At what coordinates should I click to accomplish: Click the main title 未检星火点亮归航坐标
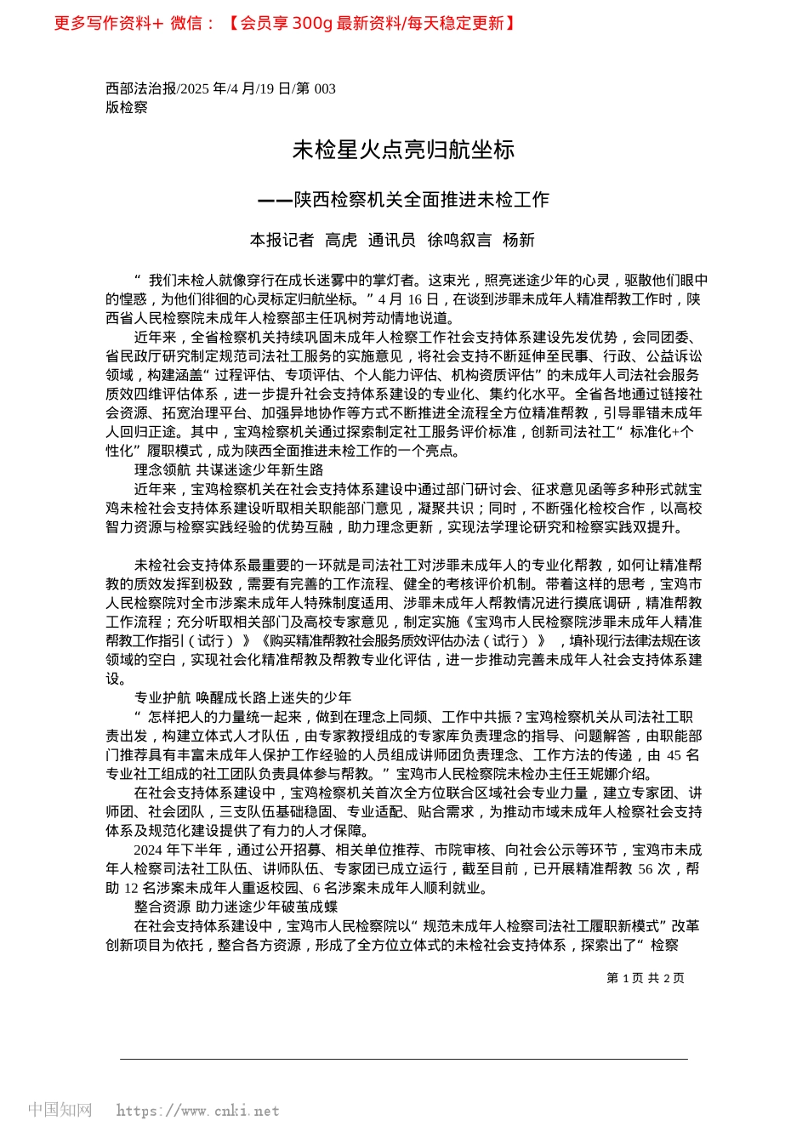(x=403, y=150)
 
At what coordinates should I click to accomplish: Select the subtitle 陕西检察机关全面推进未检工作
(x=421, y=200)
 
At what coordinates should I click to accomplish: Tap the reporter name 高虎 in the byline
(x=341, y=240)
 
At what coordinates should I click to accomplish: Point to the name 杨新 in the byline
(x=518, y=240)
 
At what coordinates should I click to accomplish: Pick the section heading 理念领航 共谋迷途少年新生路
(x=229, y=469)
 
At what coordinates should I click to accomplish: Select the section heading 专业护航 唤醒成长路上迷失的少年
(x=242, y=697)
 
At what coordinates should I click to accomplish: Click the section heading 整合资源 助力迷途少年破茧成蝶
(x=236, y=907)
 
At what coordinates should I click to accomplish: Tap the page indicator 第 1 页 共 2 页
(x=645, y=978)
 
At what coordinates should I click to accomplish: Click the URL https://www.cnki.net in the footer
(x=197, y=1111)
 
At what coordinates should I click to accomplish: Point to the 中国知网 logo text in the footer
(x=60, y=1110)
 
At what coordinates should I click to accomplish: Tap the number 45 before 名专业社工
(x=674, y=755)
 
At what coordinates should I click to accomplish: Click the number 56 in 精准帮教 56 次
(x=645, y=868)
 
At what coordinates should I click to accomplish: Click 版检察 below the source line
(x=127, y=107)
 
